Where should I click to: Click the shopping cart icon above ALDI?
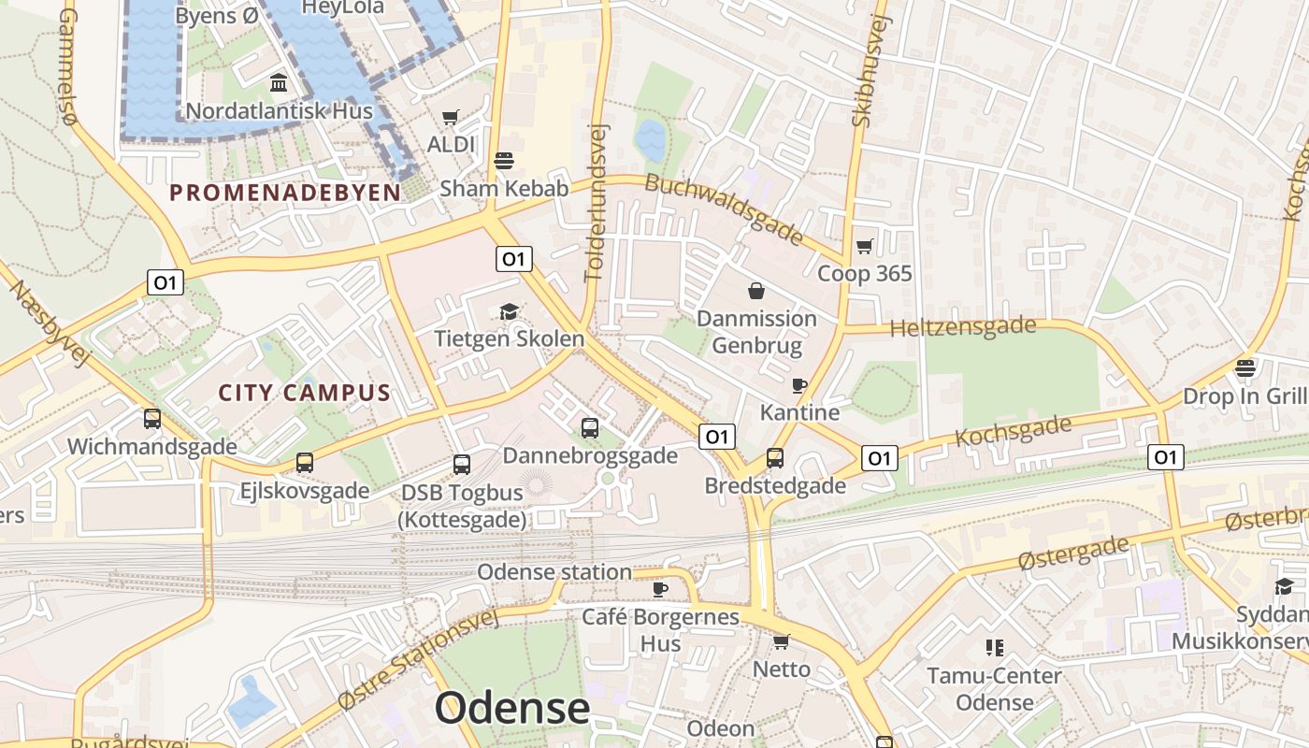(451, 118)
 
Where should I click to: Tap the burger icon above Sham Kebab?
(504, 161)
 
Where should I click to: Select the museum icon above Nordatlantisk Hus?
(279, 84)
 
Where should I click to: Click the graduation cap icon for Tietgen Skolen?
(509, 311)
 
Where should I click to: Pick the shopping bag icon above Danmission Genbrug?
(756, 292)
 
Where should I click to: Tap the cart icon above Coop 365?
(864, 247)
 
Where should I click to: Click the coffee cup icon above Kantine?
(799, 385)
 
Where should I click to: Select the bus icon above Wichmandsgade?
(152, 420)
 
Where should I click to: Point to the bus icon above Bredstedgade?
(775, 458)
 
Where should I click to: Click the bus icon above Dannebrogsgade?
(590, 428)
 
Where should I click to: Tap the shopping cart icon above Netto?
(782, 642)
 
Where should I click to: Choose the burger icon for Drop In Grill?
(1244, 368)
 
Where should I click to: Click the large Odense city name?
(512, 708)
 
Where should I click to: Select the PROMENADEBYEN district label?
(285, 193)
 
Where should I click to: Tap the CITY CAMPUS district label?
(304, 393)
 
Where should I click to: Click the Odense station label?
(554, 572)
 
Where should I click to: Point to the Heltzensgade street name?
(963, 328)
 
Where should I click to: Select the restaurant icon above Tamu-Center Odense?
(994, 648)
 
